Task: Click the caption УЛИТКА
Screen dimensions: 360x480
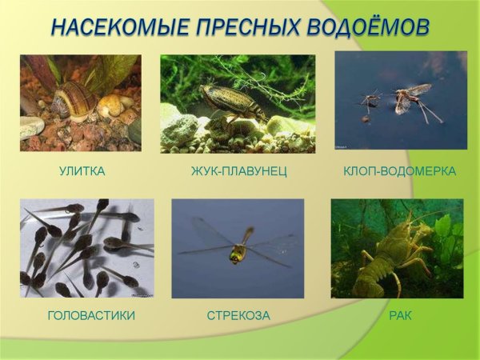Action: point(82,171)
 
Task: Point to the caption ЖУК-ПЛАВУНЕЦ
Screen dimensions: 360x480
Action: point(239,171)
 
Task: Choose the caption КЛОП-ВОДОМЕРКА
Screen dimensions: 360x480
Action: point(399,171)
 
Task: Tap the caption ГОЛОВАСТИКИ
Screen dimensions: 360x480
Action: point(90,315)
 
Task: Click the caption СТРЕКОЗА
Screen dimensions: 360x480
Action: point(238,315)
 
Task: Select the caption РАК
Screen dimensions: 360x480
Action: point(400,315)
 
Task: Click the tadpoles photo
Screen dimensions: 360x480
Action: point(86,248)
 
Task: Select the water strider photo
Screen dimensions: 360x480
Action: point(400,100)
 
